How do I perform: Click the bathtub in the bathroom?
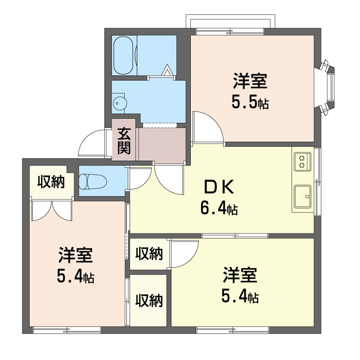(123, 55)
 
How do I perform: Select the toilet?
(93, 181)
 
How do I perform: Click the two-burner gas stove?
(302, 162)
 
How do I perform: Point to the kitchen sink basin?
(303, 197)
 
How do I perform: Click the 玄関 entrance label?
(124, 140)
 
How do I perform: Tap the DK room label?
(219, 187)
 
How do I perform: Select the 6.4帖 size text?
(219, 208)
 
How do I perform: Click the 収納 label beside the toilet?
(51, 182)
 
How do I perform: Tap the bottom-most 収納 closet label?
(149, 300)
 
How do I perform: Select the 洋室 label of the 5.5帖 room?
(250, 81)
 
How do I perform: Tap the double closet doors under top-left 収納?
(52, 210)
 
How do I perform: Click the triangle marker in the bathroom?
(167, 70)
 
